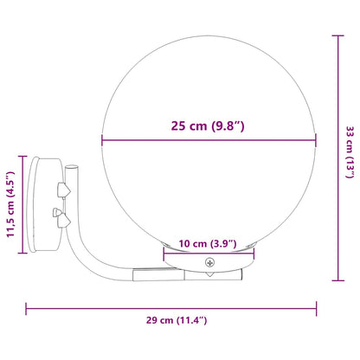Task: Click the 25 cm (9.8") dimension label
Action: [208, 126]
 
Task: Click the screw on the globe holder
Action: [209, 261]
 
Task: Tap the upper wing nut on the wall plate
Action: [62, 187]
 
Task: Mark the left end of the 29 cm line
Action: [27, 305]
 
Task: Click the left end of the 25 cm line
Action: [102, 140]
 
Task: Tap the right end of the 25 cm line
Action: [315, 140]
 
